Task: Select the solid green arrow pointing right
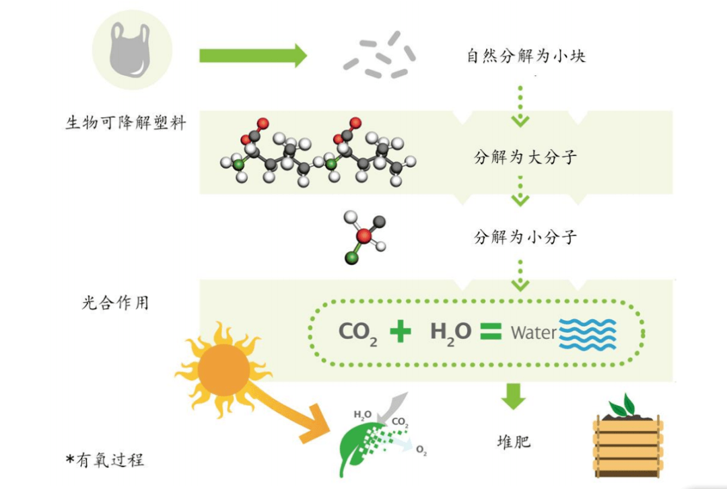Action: [x=252, y=55]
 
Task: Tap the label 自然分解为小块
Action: [x=526, y=56]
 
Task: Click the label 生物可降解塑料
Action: [x=125, y=123]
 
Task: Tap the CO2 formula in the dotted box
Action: [x=357, y=332]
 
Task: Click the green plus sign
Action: [x=400, y=331]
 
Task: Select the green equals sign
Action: [x=491, y=331]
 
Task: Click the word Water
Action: [x=533, y=332]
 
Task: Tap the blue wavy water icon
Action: [x=588, y=332]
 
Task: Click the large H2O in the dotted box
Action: [x=450, y=332]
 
